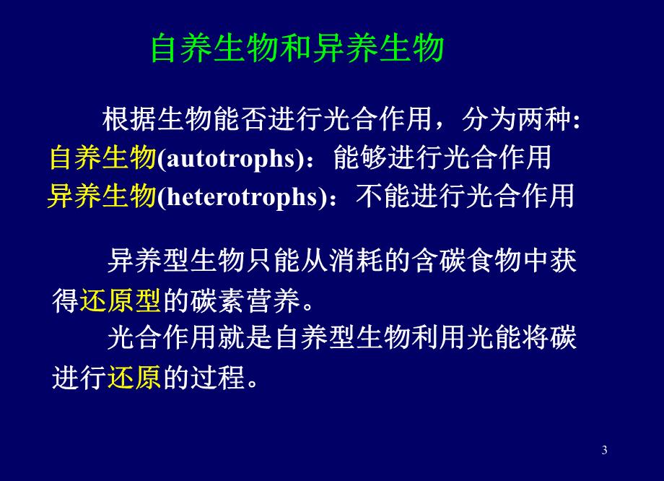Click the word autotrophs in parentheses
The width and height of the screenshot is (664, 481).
pyautogui.click(x=231, y=158)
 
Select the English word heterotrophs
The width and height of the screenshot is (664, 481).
pyautogui.click(x=243, y=196)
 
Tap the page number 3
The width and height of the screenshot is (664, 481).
pyautogui.click(x=604, y=450)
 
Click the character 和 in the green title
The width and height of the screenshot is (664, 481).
pyautogui.click(x=297, y=48)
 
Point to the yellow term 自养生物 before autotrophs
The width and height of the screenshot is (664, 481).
pyautogui.click(x=103, y=157)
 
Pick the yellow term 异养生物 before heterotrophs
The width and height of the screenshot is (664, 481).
pyautogui.click(x=102, y=196)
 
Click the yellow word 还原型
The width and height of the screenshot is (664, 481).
pyautogui.click(x=121, y=301)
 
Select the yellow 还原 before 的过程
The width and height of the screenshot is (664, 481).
pyautogui.click(x=134, y=377)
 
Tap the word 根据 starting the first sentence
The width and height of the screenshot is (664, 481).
pyautogui.click(x=129, y=119)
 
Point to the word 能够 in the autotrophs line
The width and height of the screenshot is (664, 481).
pyautogui.click(x=360, y=157)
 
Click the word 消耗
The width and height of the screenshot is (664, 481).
pyautogui.click(x=355, y=260)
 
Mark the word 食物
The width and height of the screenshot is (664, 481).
pyautogui.click(x=494, y=260)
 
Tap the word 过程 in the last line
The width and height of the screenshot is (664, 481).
pyautogui.click(x=218, y=377)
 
